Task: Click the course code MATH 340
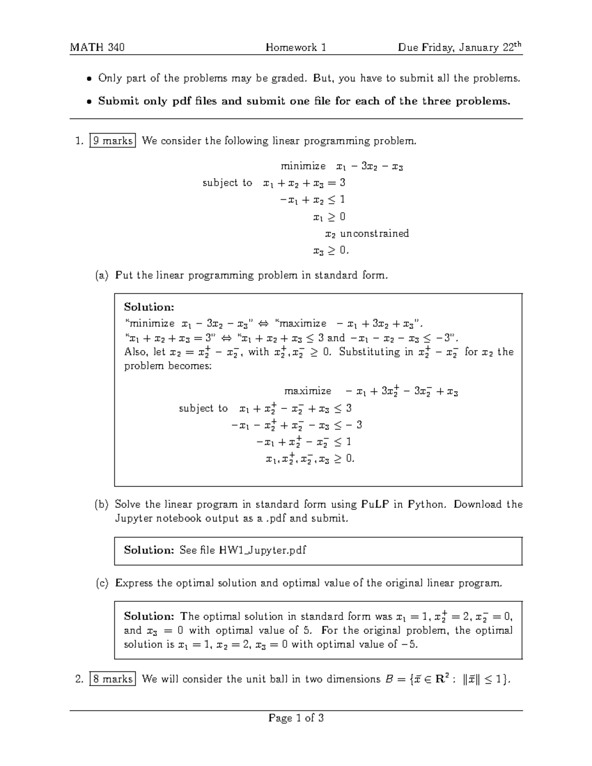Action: pos(97,47)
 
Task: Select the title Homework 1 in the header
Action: pos(296,47)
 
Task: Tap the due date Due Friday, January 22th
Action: pos(459,47)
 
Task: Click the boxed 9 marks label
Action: pos(113,141)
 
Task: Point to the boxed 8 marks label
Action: pos(113,679)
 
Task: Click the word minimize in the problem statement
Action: pos(303,166)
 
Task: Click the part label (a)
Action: pos(102,275)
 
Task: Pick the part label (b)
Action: pos(102,504)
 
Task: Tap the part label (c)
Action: pos(102,583)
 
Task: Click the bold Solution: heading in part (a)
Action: pos(149,307)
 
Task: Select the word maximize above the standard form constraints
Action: pos(308,391)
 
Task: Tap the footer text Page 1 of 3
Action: pos(296,718)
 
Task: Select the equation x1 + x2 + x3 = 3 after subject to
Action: pos(304,183)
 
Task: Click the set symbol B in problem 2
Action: pos(389,679)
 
